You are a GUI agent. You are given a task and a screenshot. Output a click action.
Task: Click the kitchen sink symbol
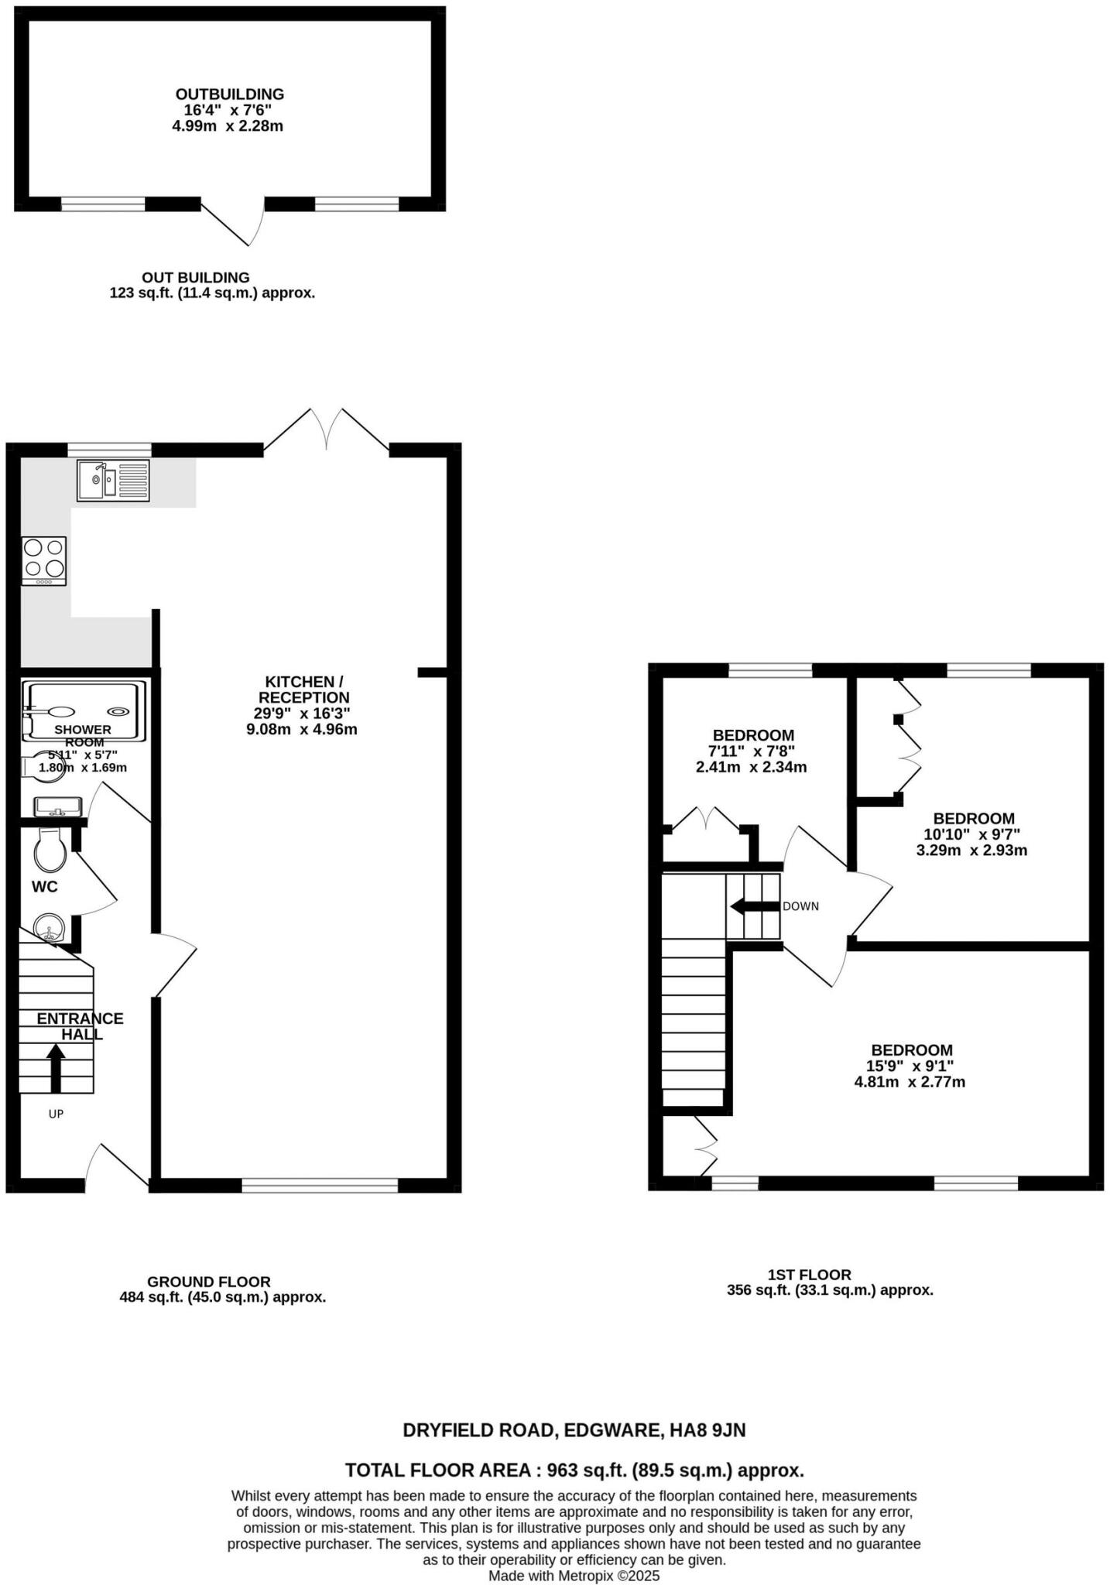[x=113, y=480]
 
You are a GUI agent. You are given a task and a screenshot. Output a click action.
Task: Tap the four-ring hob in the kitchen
[x=44, y=560]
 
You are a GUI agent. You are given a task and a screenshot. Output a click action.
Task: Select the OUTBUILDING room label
[x=230, y=94]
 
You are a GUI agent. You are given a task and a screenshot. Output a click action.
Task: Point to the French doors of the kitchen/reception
[x=326, y=430]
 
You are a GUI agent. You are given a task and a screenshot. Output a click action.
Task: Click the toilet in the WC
[x=50, y=851]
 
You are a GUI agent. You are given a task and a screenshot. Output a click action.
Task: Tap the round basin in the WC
[x=50, y=926]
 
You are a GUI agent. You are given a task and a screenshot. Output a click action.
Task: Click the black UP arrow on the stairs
[x=56, y=1067]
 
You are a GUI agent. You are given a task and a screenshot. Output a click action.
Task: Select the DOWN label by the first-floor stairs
[x=800, y=906]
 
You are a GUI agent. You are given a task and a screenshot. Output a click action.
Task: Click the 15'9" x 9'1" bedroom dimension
[x=910, y=1066]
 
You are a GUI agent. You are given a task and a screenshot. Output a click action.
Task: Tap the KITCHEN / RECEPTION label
[x=303, y=690]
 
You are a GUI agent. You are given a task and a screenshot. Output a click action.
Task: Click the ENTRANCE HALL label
[x=81, y=1026]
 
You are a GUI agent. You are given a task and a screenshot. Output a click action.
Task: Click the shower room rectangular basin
[x=57, y=807]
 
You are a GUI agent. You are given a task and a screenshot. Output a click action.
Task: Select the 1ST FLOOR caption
[x=809, y=1274]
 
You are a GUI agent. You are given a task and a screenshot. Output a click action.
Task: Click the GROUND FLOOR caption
[x=209, y=1282]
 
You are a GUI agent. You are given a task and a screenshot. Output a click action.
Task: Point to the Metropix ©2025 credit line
[x=574, y=1575]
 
